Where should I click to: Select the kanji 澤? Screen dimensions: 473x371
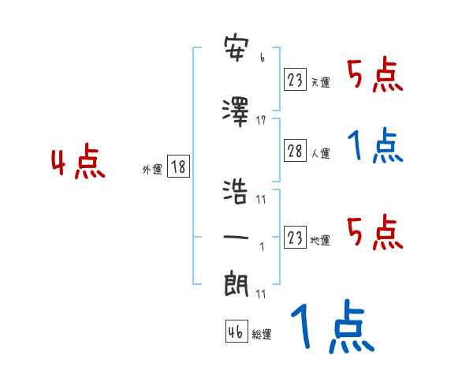(236, 111)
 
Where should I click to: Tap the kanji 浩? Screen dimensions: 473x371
(236, 192)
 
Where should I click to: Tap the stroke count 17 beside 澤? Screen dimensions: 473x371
(261, 120)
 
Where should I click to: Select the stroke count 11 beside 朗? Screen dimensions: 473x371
(261, 294)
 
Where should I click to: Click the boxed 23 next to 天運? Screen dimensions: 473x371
(295, 79)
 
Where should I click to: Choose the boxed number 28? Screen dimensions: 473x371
(295, 152)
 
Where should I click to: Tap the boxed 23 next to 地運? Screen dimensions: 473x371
(295, 238)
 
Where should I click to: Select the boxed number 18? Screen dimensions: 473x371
(178, 167)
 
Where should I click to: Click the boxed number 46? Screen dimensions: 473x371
(236, 332)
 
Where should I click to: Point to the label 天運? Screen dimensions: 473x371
(320, 82)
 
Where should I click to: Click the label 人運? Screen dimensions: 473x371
(320, 155)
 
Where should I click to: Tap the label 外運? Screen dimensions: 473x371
(151, 170)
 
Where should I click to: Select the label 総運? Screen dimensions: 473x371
(261, 335)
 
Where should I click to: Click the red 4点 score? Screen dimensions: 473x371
(77, 163)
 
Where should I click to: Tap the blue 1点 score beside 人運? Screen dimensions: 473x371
(374, 147)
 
